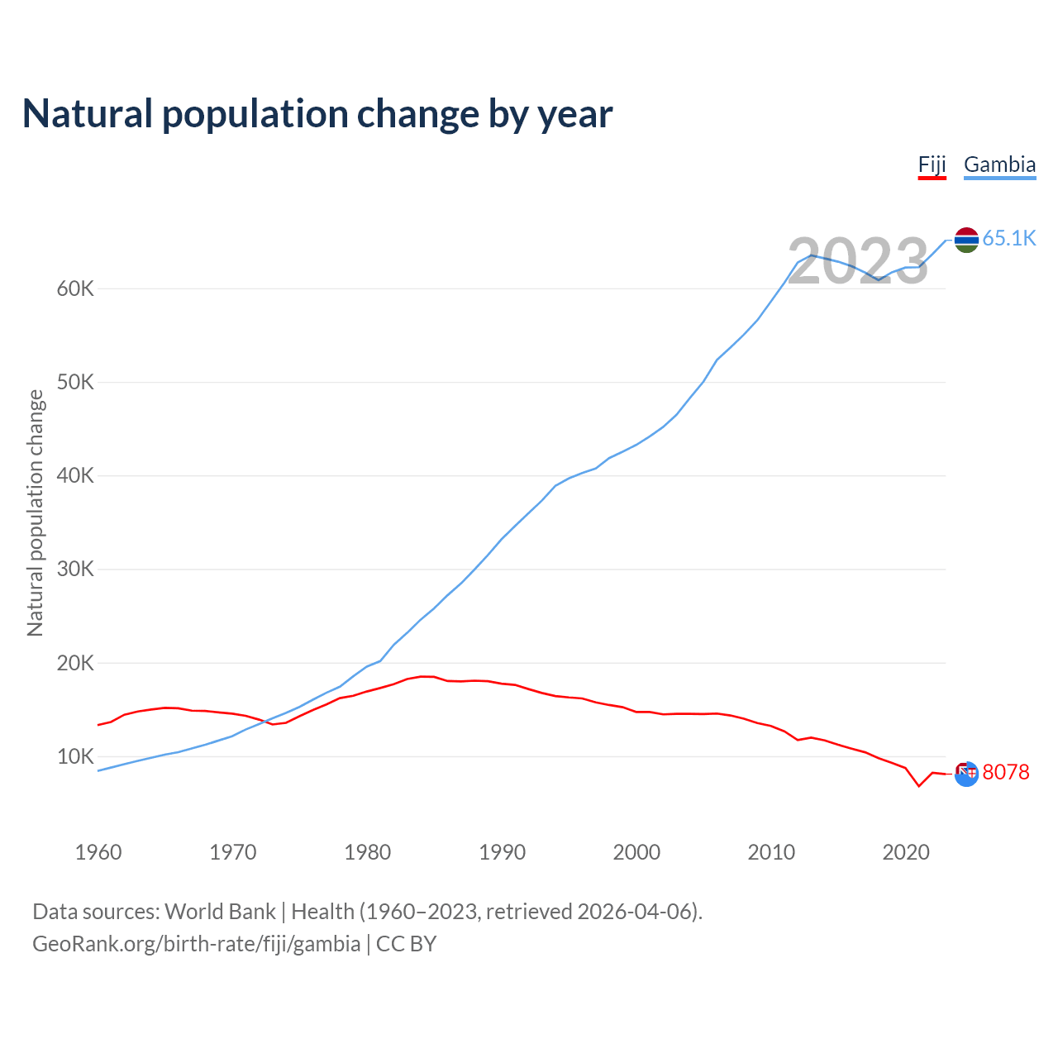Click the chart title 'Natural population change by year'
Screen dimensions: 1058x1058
[x=317, y=114]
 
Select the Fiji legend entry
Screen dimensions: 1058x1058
[x=932, y=164]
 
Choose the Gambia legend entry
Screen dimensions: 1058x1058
[x=999, y=164]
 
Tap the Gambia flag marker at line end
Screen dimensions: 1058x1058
[x=966, y=240]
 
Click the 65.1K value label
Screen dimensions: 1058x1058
[x=1009, y=239]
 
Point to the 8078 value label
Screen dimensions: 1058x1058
[x=1006, y=772]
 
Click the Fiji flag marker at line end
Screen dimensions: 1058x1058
[x=966, y=773]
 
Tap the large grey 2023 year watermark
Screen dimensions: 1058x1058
[x=857, y=262]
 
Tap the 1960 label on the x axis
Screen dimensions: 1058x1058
[x=98, y=852]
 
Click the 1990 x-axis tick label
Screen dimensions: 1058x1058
[x=502, y=852]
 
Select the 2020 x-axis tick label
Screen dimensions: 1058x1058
[x=906, y=852]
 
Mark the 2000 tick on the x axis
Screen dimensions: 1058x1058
[x=636, y=852]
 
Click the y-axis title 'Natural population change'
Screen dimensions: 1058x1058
[x=36, y=513]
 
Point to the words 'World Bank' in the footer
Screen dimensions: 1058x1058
[x=220, y=912]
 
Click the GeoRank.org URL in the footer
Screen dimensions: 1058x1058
[x=197, y=944]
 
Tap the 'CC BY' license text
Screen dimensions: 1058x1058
[x=407, y=944]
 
